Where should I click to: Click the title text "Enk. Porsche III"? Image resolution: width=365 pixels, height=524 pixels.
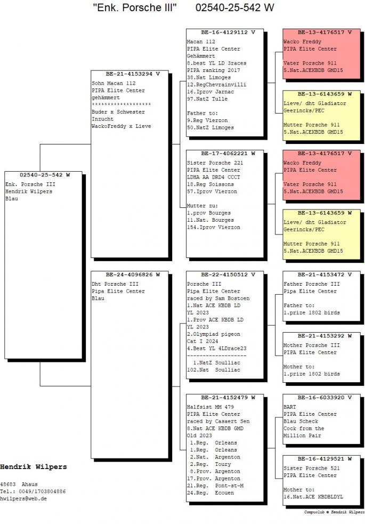(x=135, y=7)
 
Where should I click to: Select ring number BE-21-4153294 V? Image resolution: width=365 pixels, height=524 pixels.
(x=133, y=74)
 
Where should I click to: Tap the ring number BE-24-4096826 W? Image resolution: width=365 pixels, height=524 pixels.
(x=133, y=275)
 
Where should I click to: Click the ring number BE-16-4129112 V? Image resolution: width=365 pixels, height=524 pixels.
(x=228, y=33)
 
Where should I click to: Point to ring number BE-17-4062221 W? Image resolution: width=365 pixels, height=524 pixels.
(x=228, y=154)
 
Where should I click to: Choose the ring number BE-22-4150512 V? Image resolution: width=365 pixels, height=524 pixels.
(x=228, y=275)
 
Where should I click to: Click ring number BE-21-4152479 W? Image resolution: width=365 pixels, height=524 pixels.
(x=228, y=398)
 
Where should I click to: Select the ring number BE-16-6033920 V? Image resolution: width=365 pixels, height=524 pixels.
(x=325, y=398)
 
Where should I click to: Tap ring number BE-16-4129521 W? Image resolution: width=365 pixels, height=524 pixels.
(x=325, y=459)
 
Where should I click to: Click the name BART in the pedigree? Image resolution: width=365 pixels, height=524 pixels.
(x=290, y=407)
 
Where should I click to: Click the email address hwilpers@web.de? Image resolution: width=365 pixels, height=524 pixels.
(x=23, y=498)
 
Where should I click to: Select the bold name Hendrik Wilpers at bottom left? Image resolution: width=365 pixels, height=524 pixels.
(x=34, y=467)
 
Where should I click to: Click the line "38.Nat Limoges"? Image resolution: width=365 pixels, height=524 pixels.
(x=209, y=77)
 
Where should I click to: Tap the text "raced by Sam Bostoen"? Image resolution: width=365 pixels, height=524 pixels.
(x=218, y=299)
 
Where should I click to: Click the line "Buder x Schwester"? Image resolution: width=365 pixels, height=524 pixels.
(x=118, y=112)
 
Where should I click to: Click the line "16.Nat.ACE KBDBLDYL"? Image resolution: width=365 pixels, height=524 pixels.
(x=313, y=497)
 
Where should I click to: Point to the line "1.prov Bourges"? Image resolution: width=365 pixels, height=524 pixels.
(x=209, y=213)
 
